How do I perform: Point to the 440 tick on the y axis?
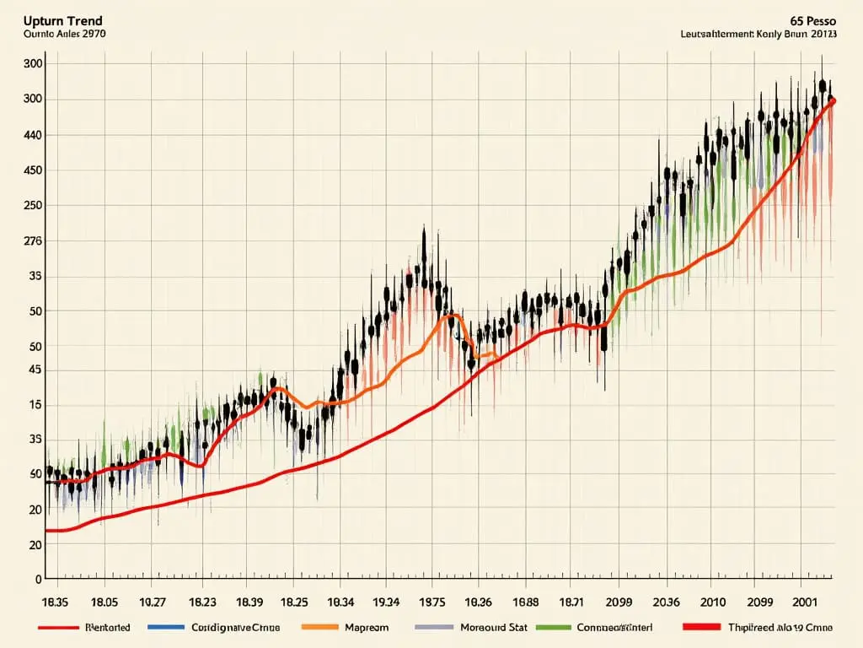pos(34,135)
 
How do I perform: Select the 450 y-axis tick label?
pos(34,170)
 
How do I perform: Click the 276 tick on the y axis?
pos(34,241)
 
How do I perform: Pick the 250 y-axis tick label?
pos(34,206)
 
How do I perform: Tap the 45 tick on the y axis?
pos(34,370)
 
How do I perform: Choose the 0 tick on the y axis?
pos(37,580)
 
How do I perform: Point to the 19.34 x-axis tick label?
pos(385,604)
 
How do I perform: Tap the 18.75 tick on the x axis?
pos(431,604)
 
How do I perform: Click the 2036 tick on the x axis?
pos(665,604)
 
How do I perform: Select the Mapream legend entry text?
pos(367,628)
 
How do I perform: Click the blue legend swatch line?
pos(166,628)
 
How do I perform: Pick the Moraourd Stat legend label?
pos(494,628)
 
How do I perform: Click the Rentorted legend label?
pos(108,628)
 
